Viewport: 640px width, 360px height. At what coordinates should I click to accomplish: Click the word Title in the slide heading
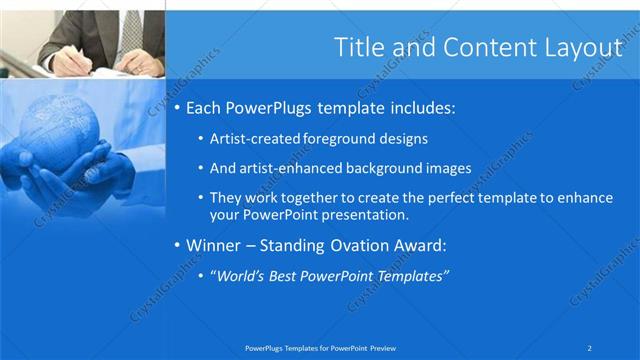(357, 47)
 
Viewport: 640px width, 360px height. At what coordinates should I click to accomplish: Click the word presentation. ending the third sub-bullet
(365, 214)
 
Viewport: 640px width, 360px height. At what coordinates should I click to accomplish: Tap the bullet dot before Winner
(177, 245)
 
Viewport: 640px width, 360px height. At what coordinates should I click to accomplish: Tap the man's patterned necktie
(131, 29)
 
